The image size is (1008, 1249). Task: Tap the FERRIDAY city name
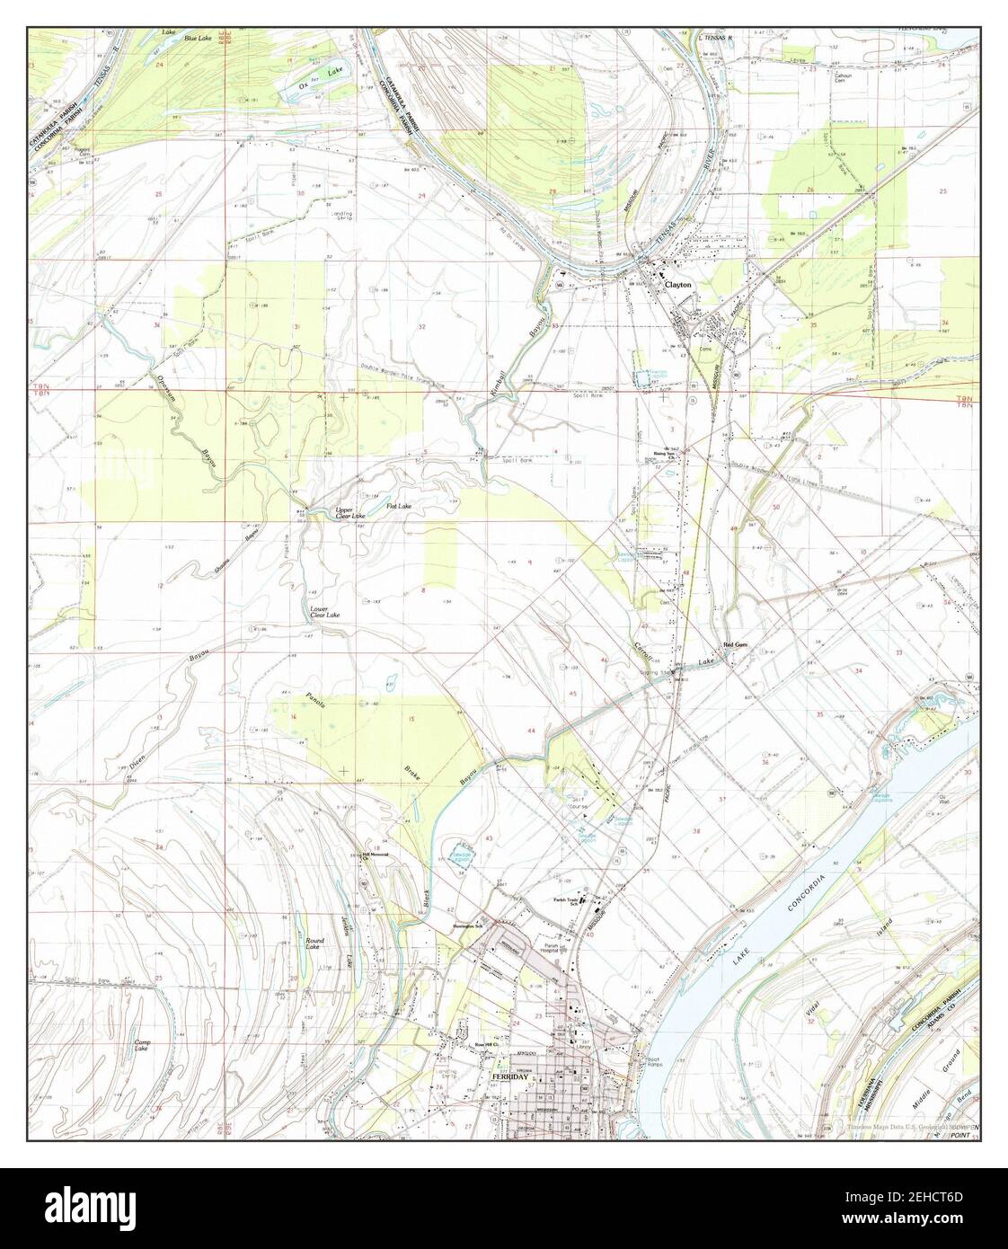[x=508, y=1075]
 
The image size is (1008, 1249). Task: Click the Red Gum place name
[x=736, y=645]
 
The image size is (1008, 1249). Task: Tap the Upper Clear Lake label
[x=350, y=513]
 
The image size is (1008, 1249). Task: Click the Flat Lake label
[x=399, y=507]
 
